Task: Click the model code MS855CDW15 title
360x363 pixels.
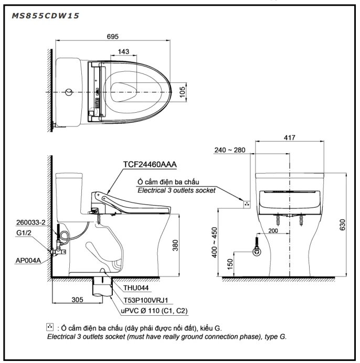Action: (45, 16)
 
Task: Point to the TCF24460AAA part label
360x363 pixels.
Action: (150, 164)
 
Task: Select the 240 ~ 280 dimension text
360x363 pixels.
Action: (230, 150)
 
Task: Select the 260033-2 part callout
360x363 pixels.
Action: (30, 222)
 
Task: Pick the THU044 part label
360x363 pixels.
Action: (135, 288)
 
